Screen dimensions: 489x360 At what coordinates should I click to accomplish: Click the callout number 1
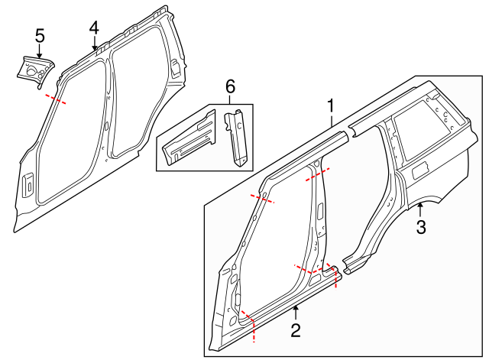tap(331, 106)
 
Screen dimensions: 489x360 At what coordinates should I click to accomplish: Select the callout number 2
tap(296, 330)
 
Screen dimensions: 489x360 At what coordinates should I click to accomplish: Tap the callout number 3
tap(421, 227)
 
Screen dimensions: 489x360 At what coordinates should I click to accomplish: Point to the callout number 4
tap(94, 28)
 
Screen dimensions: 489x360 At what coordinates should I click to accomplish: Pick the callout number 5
tap(40, 36)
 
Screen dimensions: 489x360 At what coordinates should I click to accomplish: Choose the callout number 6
tap(230, 86)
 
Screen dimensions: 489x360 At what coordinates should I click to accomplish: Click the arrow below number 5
tap(39, 51)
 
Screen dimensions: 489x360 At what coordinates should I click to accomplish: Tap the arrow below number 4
tap(94, 43)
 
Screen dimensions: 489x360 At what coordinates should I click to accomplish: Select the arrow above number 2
tap(296, 313)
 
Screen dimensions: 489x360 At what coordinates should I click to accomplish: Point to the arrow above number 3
tap(420, 209)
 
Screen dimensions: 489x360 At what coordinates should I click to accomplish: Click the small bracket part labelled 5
tap(35, 71)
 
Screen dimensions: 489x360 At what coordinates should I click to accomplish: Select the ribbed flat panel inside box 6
tap(189, 139)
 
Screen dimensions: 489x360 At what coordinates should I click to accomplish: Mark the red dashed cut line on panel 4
tap(56, 99)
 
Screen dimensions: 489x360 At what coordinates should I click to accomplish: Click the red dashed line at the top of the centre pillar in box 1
tap(318, 175)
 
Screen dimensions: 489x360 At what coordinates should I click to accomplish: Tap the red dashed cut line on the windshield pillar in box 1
tap(262, 198)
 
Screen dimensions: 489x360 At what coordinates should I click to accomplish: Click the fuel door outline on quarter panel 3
tap(419, 170)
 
